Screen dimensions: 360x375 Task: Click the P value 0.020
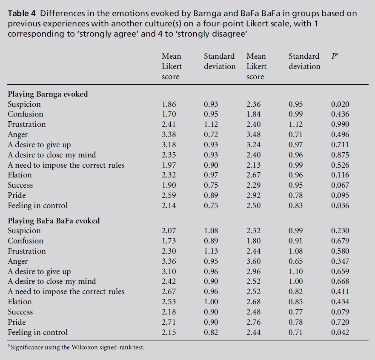340,104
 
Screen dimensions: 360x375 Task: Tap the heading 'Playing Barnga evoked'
48,94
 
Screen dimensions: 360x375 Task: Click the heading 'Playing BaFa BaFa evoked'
54,220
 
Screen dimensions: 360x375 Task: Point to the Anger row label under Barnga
18,134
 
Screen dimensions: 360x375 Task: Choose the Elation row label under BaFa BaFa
20,302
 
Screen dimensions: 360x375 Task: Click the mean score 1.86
169,104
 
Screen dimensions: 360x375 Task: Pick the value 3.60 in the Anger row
254,261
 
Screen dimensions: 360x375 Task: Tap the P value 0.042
340,332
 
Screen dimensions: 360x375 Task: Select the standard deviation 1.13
211,251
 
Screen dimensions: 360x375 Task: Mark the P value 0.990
340,124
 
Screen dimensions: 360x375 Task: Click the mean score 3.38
169,134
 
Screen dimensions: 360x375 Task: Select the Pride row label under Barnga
17,195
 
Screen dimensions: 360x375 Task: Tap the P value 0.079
340,312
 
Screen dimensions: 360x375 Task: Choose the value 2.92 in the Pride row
254,195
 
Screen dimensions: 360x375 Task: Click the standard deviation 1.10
296,271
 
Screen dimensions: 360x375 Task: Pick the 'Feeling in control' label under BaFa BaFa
37,332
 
